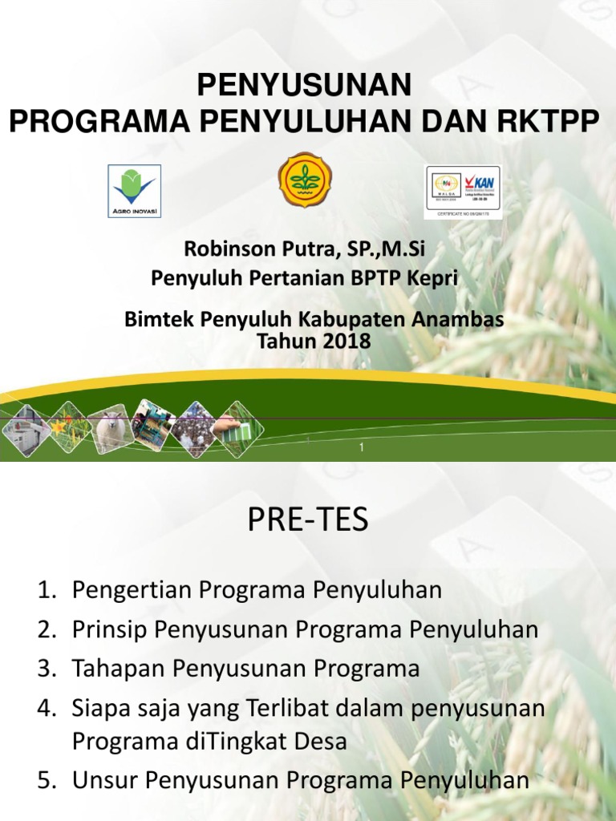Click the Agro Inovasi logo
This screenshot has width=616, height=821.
[135, 191]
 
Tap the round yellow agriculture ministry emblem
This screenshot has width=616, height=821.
[305, 180]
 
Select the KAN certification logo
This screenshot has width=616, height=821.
[463, 191]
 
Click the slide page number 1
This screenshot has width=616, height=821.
[362, 448]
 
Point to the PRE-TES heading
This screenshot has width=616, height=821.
[308, 521]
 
